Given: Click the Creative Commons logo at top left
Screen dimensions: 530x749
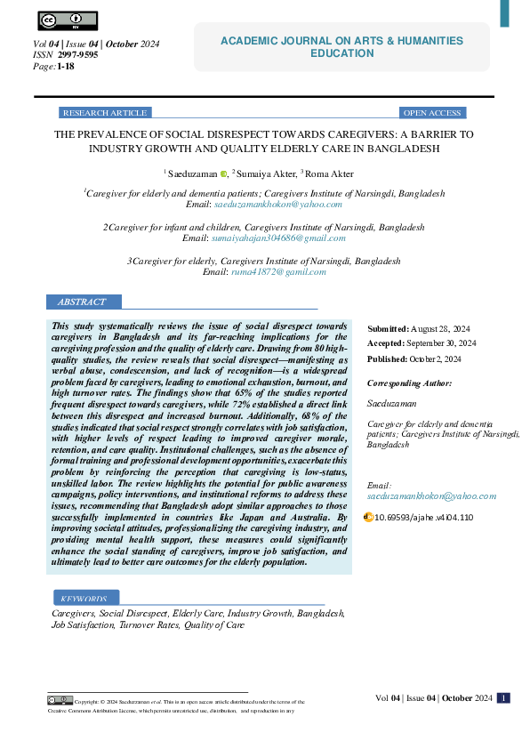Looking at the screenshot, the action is pos(68,20).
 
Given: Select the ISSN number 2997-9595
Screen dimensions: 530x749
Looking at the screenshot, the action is pos(78,54).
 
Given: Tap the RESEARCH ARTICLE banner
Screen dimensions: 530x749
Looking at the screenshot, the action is pos(105,113).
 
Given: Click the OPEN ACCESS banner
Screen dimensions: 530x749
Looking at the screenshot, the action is pos(432,113).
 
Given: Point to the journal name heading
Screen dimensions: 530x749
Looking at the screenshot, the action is pos(342,47).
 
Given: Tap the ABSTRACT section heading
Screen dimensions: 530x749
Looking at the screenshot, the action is pos(81,302).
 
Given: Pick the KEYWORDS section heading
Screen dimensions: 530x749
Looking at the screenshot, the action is pos(85,599).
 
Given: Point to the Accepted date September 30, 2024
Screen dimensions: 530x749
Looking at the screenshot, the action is pos(443,343).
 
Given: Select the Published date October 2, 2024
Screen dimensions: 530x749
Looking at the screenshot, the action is pos(442,359).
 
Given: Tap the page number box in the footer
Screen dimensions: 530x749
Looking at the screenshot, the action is pos(503,698).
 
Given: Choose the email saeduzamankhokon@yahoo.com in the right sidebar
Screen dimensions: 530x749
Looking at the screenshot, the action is pos(431,495).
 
